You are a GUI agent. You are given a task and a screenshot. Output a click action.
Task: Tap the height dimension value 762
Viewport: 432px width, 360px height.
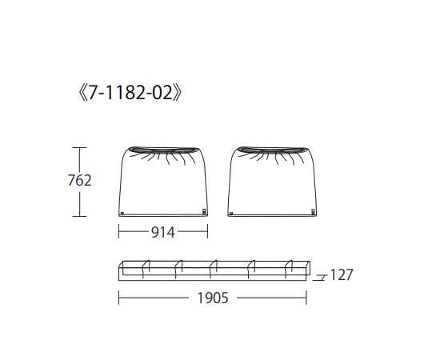pyautogui.click(x=79, y=181)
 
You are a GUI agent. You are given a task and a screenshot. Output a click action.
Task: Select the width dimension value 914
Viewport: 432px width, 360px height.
pyautogui.click(x=162, y=233)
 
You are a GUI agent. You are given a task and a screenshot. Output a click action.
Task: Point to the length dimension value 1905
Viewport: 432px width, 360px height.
pyautogui.click(x=213, y=298)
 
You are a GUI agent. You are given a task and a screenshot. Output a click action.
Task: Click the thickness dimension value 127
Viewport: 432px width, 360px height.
pyautogui.click(x=341, y=275)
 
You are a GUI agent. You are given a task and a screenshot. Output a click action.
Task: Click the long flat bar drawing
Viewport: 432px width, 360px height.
pyautogui.click(x=214, y=270)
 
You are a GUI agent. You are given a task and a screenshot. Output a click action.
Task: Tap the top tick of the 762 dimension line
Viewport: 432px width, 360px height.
pyautogui.click(x=78, y=147)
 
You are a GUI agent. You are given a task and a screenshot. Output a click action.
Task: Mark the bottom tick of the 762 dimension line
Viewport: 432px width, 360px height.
pyautogui.click(x=78, y=216)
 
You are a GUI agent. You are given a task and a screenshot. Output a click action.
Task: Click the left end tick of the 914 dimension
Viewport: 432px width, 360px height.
pyautogui.click(x=119, y=233)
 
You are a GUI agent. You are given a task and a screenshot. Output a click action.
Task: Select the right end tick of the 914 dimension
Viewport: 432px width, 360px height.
pyautogui.click(x=207, y=233)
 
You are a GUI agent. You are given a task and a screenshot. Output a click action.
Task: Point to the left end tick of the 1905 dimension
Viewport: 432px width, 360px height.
pyautogui.click(x=119, y=298)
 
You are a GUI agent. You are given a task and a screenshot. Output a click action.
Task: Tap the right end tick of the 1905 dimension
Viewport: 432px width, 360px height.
pyautogui.click(x=307, y=298)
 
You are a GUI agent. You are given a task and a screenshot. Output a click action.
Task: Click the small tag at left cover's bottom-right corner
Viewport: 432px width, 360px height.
pyautogui.click(x=203, y=212)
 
